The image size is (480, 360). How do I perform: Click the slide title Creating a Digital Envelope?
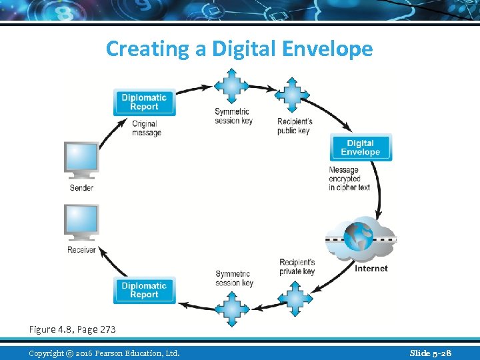(x=239, y=49)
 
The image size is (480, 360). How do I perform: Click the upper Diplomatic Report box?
(x=144, y=102)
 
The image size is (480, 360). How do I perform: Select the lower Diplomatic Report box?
(x=144, y=290)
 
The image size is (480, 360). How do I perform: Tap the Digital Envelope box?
(x=360, y=147)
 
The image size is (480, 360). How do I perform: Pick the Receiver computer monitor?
(x=81, y=222)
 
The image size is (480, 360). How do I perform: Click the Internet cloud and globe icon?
(x=361, y=239)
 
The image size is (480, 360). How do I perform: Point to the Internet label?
(x=371, y=269)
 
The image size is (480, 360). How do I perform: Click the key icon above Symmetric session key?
(x=231, y=85)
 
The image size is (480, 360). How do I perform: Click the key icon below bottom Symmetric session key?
(x=232, y=307)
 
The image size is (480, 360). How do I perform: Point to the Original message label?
(x=147, y=128)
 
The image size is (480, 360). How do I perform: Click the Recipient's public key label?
(x=295, y=126)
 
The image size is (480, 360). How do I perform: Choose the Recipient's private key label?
(x=297, y=267)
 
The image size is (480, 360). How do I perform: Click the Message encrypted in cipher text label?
(x=349, y=179)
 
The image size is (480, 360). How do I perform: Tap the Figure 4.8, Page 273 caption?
(x=72, y=329)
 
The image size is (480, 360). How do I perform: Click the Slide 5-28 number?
(x=430, y=353)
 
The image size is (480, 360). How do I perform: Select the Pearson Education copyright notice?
(x=104, y=353)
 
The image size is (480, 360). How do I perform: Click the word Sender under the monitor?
(x=81, y=188)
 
